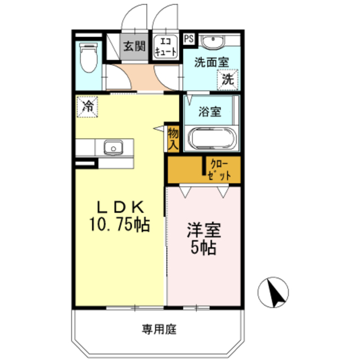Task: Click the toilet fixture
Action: pos(89,57)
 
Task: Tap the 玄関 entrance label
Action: pos(134,46)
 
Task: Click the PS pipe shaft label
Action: pos(189,39)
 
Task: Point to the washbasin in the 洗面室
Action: pos(213,42)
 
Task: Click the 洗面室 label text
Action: pos(211,62)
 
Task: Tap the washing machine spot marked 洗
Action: pos(228,79)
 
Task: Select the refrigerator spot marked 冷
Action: pos(88,106)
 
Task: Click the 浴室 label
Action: pos(210,111)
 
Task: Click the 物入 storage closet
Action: pos(173,139)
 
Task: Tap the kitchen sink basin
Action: pos(113,147)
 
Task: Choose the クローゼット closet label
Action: pos(219,170)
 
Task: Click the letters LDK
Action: pos(120,207)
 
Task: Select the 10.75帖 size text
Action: pos(120,224)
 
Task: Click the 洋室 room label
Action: pos(204,230)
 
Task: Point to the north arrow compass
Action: pos(273,292)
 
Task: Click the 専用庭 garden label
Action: pos(159,329)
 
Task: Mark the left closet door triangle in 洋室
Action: pos(185,192)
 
